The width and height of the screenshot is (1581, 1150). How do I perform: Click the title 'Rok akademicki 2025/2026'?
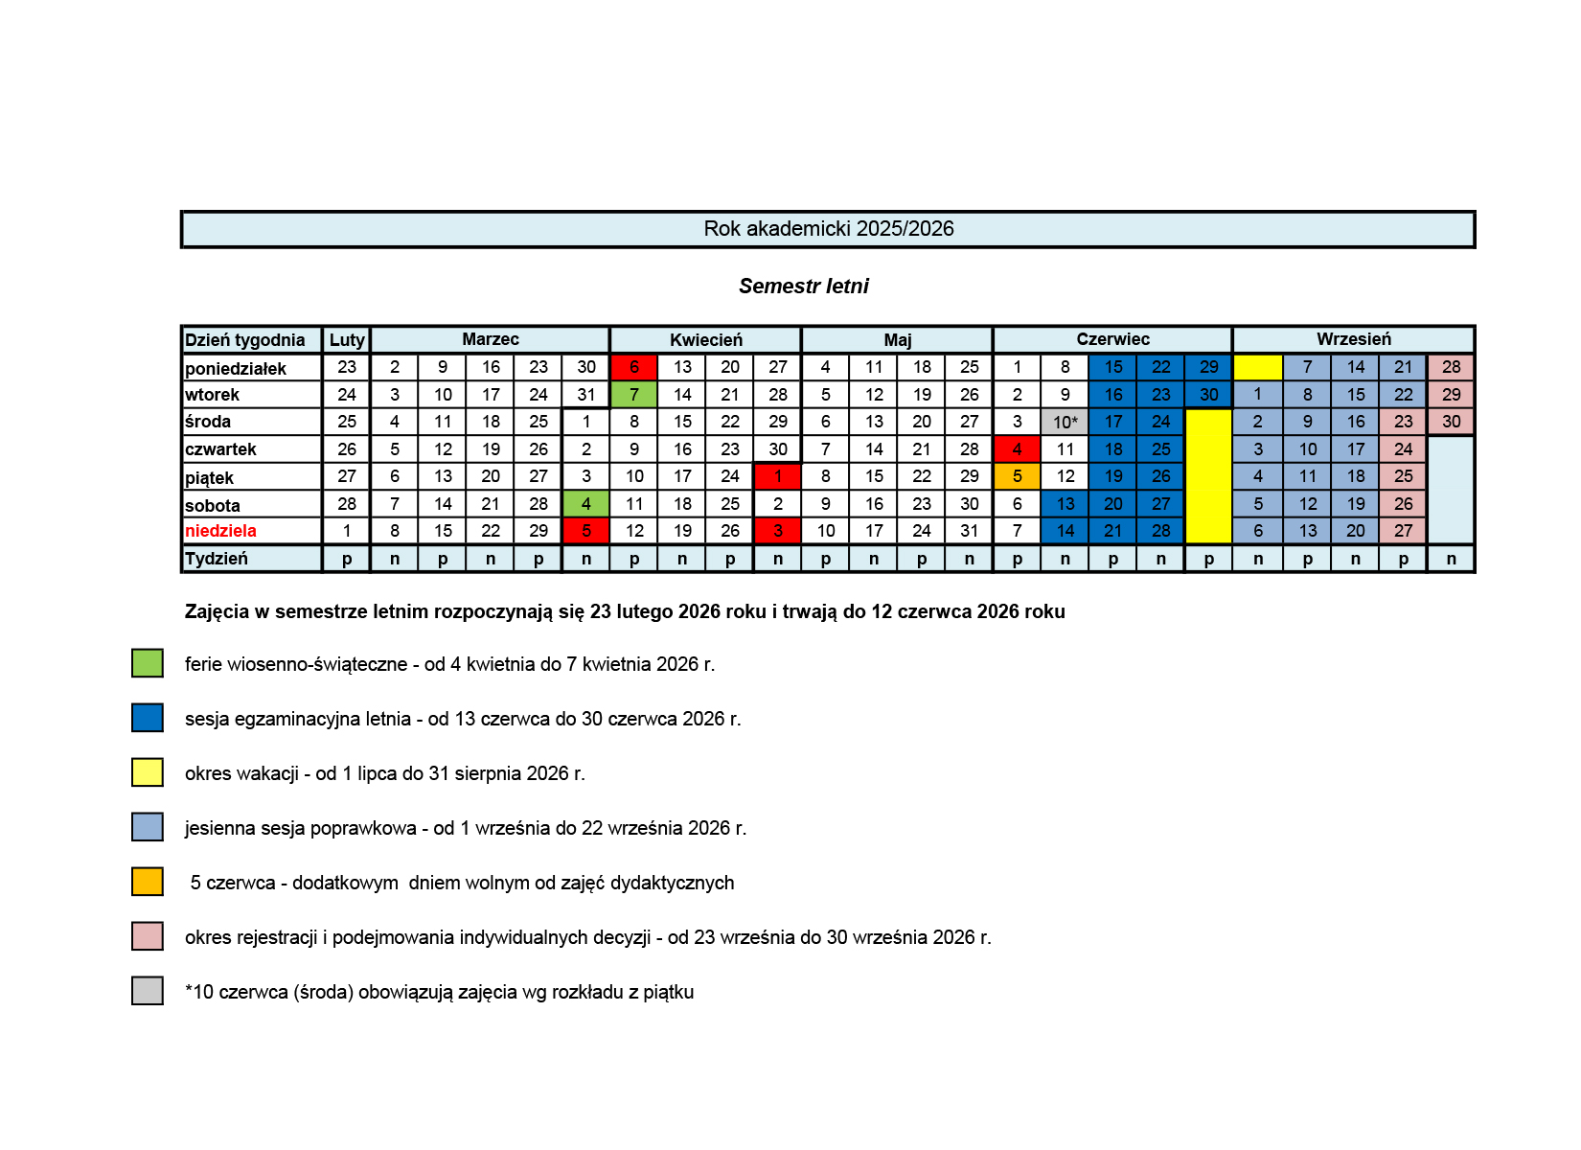coord(828,229)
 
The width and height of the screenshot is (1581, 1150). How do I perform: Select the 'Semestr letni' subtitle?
coord(803,286)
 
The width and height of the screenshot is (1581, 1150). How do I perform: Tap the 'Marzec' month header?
coord(490,339)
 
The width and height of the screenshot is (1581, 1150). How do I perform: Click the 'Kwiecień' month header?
coord(705,340)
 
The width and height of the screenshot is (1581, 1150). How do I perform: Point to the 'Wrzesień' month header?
coord(1353,339)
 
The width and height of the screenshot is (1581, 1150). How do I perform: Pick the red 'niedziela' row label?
coord(220,531)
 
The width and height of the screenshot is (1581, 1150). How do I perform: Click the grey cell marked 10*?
coord(1065,423)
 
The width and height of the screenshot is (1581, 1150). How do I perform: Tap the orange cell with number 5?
coord(1017,476)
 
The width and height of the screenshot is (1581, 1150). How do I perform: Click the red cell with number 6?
coord(633,367)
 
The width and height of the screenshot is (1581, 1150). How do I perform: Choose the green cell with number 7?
coord(633,395)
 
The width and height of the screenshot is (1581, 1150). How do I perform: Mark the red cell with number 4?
coord(1017,449)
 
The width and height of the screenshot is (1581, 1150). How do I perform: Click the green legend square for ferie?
coord(148,663)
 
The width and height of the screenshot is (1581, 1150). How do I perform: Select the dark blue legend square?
coord(148,718)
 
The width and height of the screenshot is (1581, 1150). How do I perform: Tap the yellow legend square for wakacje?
coord(148,772)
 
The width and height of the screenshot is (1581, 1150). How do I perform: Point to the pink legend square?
coord(148,936)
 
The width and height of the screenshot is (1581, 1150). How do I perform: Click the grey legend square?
coord(148,991)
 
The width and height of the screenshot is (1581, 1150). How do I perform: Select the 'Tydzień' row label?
coord(217,559)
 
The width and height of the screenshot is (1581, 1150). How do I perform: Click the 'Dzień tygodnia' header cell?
coord(245,340)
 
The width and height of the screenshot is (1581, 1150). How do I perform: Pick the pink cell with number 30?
coord(1451,422)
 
